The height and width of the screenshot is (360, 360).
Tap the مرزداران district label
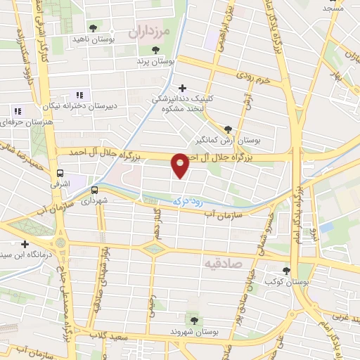click(x=150, y=32)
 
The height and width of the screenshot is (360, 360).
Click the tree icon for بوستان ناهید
click(x=93, y=27)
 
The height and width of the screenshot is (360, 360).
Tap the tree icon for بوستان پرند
click(x=156, y=49)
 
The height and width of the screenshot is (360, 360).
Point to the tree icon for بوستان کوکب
click(x=285, y=270)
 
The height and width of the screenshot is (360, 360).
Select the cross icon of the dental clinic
click(x=183, y=88)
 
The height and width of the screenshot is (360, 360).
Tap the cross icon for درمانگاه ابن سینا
click(x=25, y=244)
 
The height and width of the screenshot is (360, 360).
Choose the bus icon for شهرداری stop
click(x=94, y=188)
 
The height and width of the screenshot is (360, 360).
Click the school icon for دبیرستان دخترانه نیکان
click(x=79, y=95)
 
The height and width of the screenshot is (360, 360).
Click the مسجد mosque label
click(x=333, y=8)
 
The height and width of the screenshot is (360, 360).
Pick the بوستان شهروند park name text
click(x=189, y=330)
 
